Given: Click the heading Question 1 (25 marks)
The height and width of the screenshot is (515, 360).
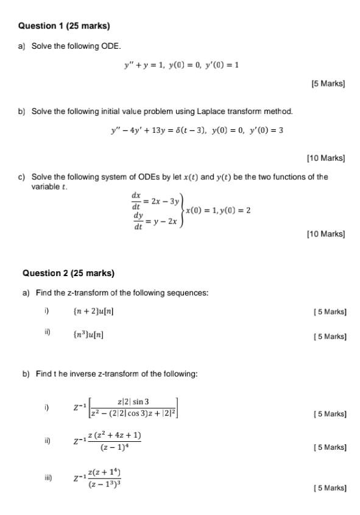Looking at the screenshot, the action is pos(64,26).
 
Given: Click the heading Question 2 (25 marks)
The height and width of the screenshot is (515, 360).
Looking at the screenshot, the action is pos(68,273).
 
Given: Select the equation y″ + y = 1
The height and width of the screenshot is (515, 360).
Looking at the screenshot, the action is pos(146,65).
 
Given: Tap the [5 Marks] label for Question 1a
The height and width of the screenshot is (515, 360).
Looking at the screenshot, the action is pos(328,83).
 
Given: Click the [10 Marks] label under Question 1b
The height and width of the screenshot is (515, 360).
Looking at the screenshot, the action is pos(326,158).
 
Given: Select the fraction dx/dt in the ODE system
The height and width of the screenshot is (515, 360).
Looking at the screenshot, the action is pos(136,199).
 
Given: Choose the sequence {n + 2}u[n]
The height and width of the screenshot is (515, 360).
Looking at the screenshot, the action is pos(93,311).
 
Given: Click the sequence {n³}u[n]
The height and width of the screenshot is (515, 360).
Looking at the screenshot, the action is pos(88,333).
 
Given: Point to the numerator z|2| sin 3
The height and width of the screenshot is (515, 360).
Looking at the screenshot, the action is pos(134,401).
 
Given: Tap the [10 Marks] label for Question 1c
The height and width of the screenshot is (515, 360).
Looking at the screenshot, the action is pos(326,234).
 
